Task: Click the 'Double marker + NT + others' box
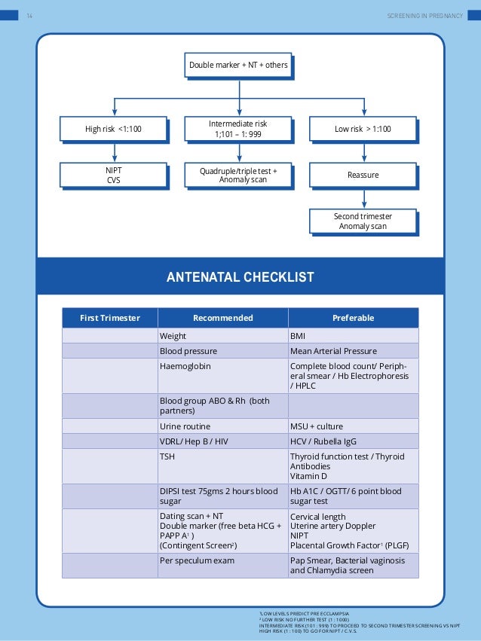(x=238, y=66)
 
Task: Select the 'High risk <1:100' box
(x=113, y=130)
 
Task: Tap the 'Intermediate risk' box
(x=238, y=130)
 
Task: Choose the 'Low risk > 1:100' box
(x=363, y=130)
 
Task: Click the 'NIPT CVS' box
(x=113, y=176)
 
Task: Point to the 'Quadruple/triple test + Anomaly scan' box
(x=238, y=176)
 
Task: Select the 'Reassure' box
(x=363, y=176)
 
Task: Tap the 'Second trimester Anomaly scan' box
(x=363, y=221)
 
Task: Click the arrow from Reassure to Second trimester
(x=363, y=198)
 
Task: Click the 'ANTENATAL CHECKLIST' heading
(x=240, y=278)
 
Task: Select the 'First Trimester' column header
(x=110, y=318)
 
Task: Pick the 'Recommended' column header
(x=222, y=318)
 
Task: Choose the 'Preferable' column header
(x=353, y=318)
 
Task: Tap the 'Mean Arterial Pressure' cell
(x=353, y=351)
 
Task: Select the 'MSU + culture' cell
(x=353, y=426)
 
